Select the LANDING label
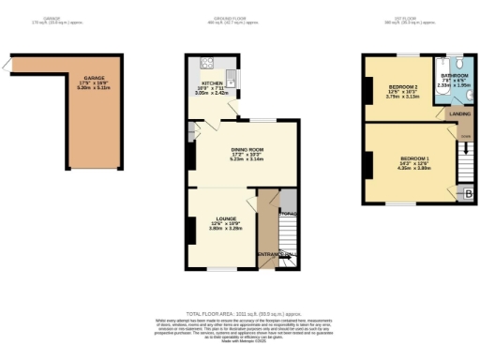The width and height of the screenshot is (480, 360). (460, 113)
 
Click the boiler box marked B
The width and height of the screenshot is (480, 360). (469, 194)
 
